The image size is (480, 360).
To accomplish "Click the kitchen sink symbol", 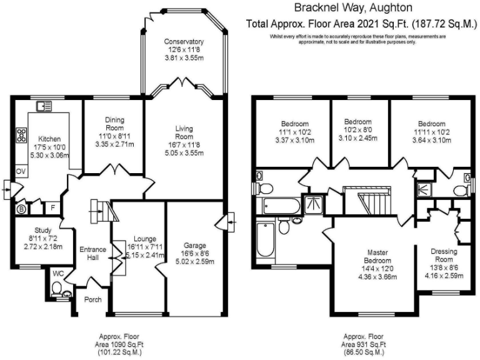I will click(x=44, y=106).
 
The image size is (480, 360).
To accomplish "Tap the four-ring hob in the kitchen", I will click(x=22, y=134).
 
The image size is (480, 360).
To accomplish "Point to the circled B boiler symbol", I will click(x=21, y=209).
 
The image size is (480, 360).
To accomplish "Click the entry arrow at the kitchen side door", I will click(x=7, y=186).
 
